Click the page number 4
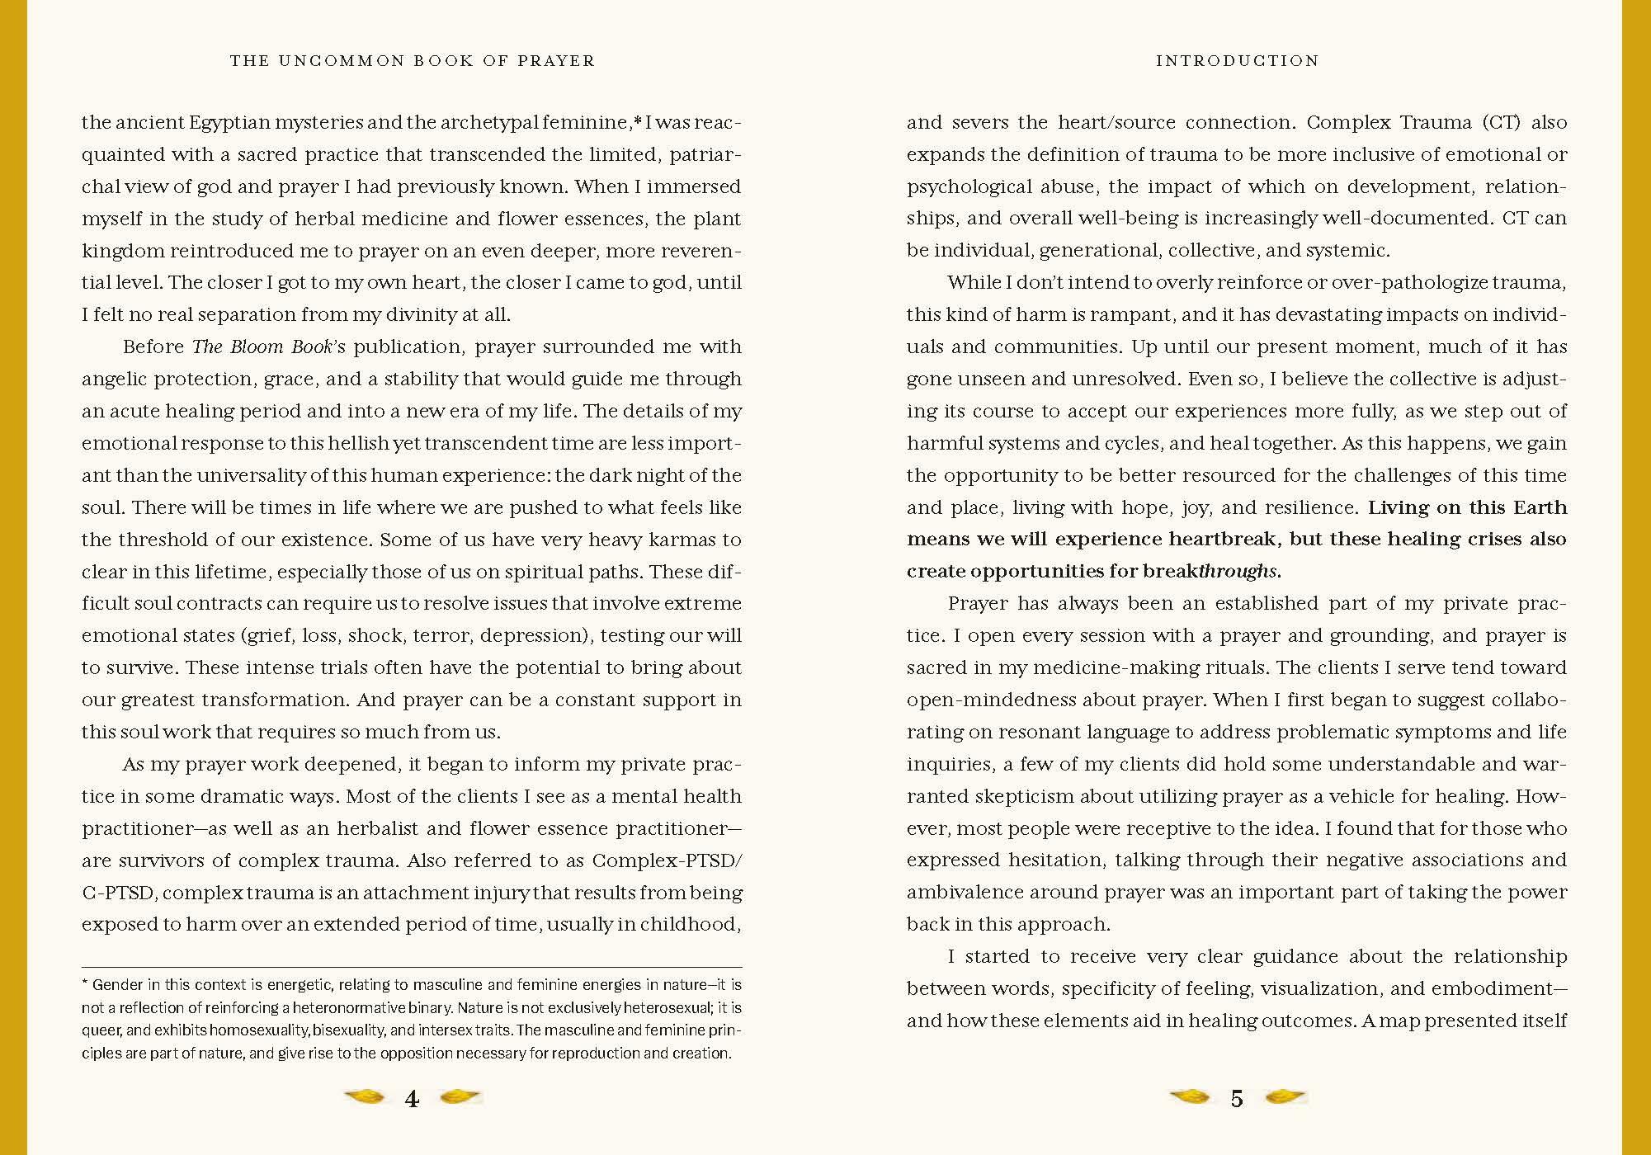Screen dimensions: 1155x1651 412,1099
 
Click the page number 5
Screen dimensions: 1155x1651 1236,1099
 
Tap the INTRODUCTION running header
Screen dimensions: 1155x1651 1237,61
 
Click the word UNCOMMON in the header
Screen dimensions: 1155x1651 347,61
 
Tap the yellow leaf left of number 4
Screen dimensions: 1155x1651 365,1097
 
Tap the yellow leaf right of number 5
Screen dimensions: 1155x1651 1285,1097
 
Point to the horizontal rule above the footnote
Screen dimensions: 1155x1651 412,967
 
